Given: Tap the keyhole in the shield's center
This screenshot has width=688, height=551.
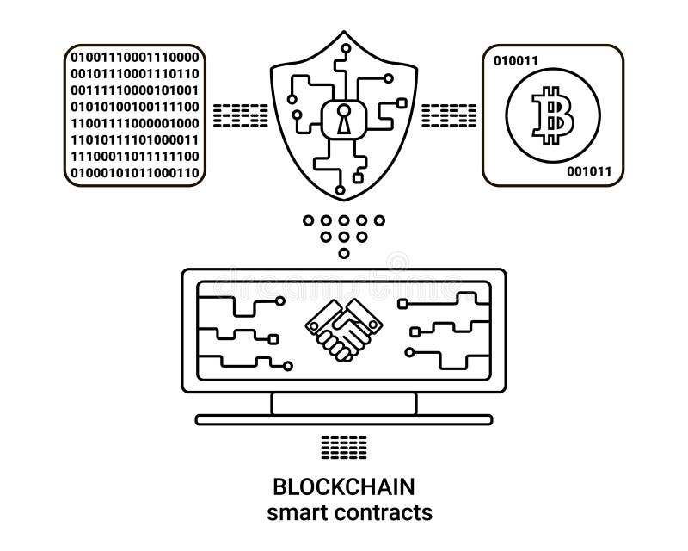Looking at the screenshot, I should click(x=344, y=121).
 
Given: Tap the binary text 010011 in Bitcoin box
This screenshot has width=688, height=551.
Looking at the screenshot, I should click(x=515, y=60).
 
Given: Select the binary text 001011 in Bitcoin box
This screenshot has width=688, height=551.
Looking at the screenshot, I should click(x=589, y=171).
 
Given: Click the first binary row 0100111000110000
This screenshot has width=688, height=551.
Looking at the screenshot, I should click(x=135, y=58).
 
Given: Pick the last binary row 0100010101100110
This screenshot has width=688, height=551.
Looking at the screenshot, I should click(x=135, y=173).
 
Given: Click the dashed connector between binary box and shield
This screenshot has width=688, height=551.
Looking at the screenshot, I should click(x=238, y=114).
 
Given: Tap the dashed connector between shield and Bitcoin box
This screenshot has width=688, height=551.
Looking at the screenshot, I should click(x=449, y=114).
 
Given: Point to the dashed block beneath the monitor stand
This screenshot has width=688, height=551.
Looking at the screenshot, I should click(x=344, y=447).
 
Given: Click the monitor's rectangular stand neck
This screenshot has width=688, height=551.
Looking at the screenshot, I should click(x=344, y=403).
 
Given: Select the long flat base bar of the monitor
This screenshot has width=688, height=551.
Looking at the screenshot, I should click(x=344, y=420).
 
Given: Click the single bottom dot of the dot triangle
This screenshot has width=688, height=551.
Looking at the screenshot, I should click(x=344, y=253).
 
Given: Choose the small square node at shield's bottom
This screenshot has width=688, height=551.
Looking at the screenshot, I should click(x=358, y=178).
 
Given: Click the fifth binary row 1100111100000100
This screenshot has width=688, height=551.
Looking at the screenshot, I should click(x=135, y=123).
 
